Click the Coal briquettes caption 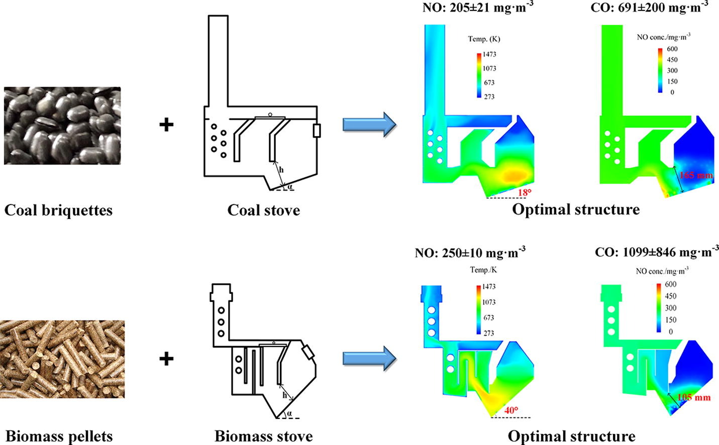pos(58,210)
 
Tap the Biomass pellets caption pos(59,436)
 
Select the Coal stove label pos(263,210)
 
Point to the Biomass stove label pos(263,436)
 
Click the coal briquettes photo pos(62,126)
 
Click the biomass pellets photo pos(62,359)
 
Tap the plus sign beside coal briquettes pos(166,125)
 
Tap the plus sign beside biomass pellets pos(166,359)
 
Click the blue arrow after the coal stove pos(369,125)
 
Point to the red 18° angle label pos(525,192)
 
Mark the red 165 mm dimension pos(696,175)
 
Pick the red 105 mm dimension pos(694,397)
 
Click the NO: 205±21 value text pos(478,8)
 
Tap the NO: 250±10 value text pos(470,253)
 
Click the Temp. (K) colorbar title pos(484,39)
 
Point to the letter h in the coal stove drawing pos(281,170)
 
